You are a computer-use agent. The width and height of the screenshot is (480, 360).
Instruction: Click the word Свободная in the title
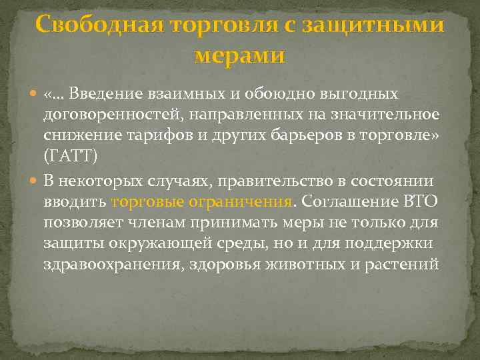[98, 26]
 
